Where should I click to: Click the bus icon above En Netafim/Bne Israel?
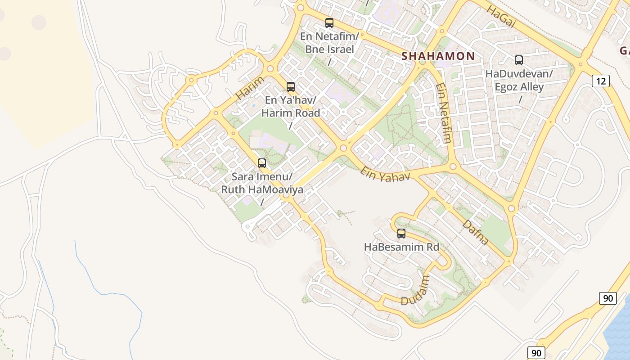329,23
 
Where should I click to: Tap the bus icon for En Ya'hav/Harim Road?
291,87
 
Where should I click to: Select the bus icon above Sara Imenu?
262,163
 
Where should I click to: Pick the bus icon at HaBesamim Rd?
401,234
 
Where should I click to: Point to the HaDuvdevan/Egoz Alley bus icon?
519,60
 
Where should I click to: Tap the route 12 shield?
601,81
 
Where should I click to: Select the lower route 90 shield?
535,353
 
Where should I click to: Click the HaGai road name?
500,17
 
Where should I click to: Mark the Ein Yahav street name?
385,174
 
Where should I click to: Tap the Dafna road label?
476,232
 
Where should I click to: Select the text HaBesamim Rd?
401,247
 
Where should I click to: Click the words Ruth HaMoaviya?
262,189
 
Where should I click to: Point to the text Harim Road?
291,113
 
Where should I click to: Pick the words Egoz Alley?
519,87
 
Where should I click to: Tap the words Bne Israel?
329,49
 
